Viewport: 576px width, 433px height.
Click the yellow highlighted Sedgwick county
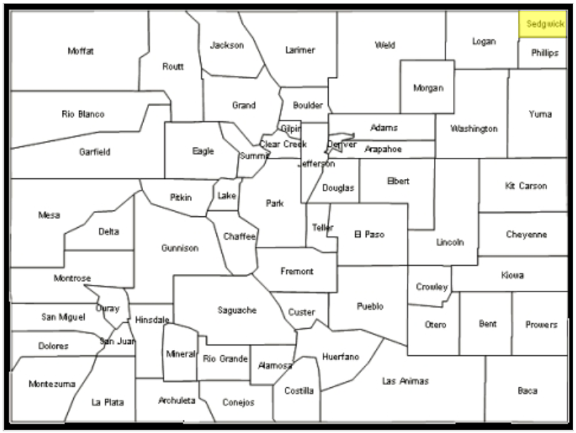pos(543,24)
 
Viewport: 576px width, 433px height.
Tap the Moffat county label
pos(81,51)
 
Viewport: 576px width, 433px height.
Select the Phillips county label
pos(544,53)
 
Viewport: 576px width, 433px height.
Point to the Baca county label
pos(527,390)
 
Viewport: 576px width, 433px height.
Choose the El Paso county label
pos(369,234)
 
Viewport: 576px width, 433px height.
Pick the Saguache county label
pos(237,310)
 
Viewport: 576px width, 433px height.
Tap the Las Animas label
pos(405,381)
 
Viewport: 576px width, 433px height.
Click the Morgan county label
pos(428,87)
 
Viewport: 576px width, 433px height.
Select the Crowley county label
pos(432,287)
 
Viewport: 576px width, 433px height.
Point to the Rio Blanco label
pos(83,114)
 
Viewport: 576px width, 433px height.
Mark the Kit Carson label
pos(526,186)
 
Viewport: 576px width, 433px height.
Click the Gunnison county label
pos(179,248)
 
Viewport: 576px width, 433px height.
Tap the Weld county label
pos(385,45)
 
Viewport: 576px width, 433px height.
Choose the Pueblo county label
pos(370,306)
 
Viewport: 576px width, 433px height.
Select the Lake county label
pos(227,196)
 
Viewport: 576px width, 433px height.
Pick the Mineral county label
pos(180,353)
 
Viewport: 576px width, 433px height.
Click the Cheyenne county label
pos(526,234)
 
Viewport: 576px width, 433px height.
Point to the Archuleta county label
pos(176,400)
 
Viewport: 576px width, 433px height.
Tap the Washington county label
pos(474,128)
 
